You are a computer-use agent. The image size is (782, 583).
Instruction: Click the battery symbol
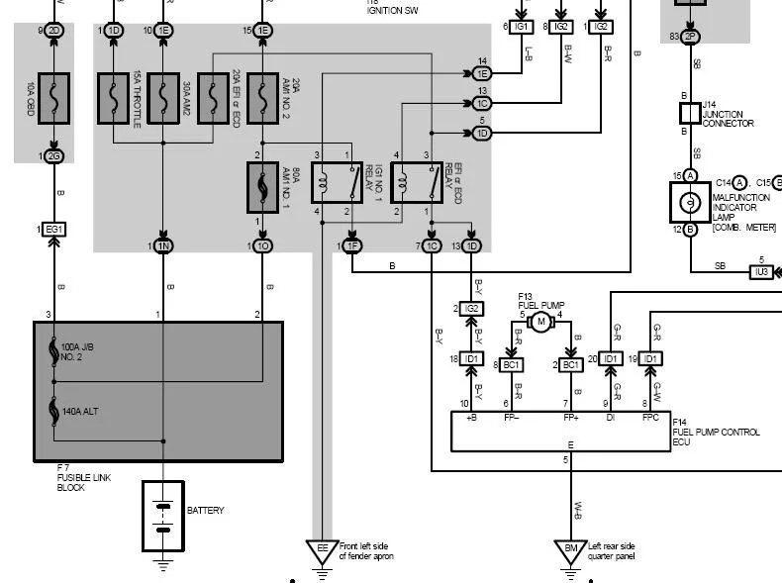click(x=162, y=516)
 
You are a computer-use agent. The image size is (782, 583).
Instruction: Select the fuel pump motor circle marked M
click(x=540, y=322)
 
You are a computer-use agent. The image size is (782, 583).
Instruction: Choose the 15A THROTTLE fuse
click(x=113, y=97)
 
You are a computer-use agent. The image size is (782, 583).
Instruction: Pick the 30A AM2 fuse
click(x=163, y=97)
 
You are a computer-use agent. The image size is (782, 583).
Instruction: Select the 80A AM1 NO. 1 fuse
click(x=262, y=188)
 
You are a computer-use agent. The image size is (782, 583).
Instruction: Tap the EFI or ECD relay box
click(x=416, y=183)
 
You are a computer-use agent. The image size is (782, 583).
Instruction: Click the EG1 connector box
click(x=53, y=229)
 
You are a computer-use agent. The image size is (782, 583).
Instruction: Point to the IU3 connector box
click(x=760, y=270)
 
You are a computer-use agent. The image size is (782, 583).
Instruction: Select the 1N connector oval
click(x=163, y=245)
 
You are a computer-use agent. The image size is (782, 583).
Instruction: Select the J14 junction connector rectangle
click(x=690, y=112)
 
